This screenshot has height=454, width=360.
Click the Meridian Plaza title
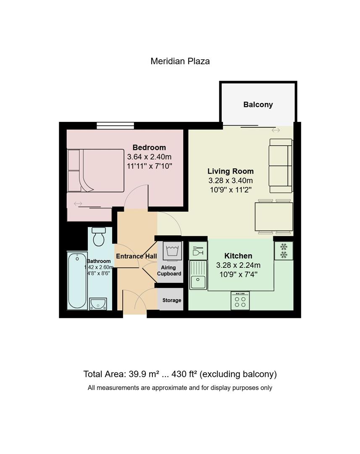pos(180,61)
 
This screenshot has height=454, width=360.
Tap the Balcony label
pos(258,105)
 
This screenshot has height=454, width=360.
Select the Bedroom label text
pos(149,148)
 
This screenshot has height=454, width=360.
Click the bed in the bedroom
pos(96,171)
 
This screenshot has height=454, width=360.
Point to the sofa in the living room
pos(281,166)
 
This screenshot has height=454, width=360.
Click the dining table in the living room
pos(274,216)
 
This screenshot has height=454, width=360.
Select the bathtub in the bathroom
pos(77,281)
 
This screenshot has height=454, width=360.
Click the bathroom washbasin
pos(98,304)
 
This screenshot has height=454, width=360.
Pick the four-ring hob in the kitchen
pos(240,301)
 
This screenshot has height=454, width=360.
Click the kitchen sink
pos(198,275)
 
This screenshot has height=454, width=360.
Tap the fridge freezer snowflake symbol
pos(284,251)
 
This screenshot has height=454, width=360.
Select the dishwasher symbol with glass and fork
pos(198,251)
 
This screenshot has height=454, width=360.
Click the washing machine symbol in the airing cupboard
pos(173,251)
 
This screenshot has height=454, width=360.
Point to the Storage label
pos(172,300)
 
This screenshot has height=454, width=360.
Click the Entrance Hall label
pos(136,256)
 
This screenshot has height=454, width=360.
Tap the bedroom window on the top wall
pos(115,125)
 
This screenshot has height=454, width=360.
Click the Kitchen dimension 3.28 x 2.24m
pos(238,265)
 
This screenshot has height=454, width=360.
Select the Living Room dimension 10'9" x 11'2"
pos(231,190)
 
